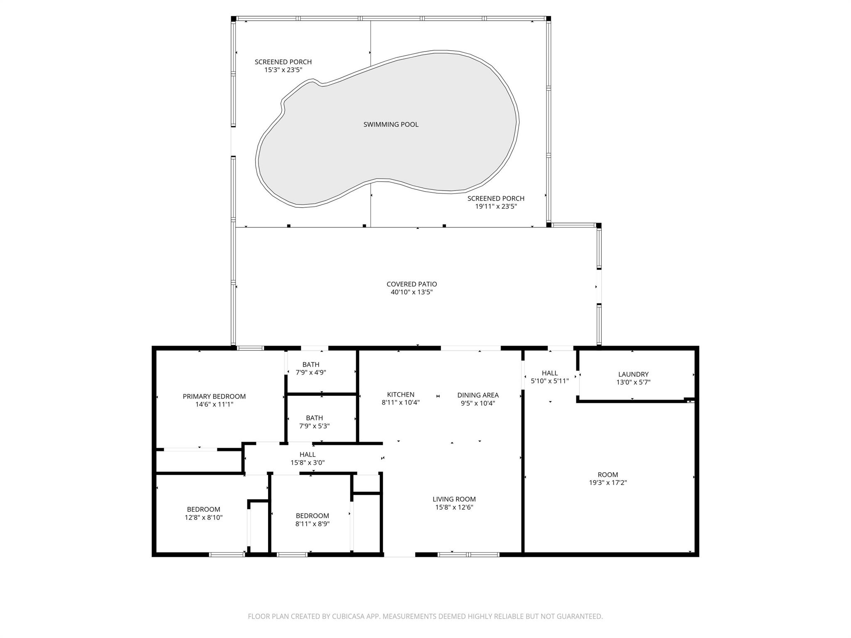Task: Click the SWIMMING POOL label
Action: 391,124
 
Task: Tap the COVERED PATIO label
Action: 412,284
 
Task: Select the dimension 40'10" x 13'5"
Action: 412,292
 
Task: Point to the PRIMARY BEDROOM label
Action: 214,396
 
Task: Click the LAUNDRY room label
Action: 633,374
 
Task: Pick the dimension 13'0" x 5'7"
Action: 633,382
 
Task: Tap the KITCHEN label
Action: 401,395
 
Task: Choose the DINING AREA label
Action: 478,395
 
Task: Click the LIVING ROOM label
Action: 454,499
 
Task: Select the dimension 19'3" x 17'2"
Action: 608,483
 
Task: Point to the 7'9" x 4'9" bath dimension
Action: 311,373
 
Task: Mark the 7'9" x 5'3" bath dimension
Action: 315,426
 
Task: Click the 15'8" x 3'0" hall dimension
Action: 307,462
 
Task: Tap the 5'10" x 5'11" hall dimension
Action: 550,381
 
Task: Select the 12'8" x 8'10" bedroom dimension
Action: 204,518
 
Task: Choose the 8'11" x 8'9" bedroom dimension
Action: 312,524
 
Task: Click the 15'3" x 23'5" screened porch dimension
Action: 283,70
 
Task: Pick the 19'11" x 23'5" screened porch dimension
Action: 496,206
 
